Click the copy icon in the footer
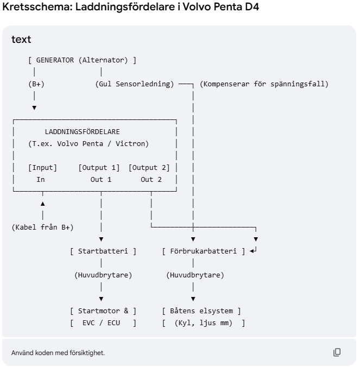tap(337, 352)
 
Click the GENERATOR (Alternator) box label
tap(82, 60)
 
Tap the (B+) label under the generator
tap(36, 84)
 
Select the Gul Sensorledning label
tap(135, 84)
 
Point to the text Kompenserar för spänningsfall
tap(264, 84)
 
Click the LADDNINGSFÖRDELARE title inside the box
tap(82, 132)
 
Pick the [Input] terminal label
tap(42, 168)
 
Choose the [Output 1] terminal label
tap(99, 168)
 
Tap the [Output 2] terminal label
tap(149, 168)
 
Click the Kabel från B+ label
tap(42, 227)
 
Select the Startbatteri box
tap(103, 251)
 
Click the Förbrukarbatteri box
tap(204, 251)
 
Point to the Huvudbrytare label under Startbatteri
tap(103, 275)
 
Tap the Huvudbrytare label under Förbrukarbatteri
tap(195, 275)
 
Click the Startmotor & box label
tap(103, 311)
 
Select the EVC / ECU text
tap(101, 323)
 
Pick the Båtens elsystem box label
tap(201, 311)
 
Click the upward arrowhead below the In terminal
tap(42, 204)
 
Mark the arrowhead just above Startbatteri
tap(101, 239)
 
